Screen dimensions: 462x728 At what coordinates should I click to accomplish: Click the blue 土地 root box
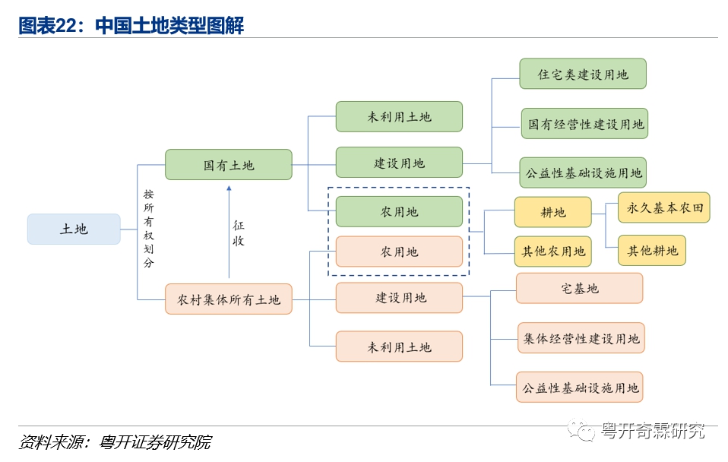coord(74,229)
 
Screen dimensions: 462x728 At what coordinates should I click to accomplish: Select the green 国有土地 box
coord(228,165)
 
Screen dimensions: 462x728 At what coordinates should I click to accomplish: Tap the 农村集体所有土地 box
coord(228,299)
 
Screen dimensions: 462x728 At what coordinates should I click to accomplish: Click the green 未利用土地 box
coord(399,116)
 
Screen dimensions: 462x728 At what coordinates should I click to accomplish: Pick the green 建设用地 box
coord(399,163)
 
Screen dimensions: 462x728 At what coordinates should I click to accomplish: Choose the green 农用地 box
coord(399,211)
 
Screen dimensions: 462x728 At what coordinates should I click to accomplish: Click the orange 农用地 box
coord(399,252)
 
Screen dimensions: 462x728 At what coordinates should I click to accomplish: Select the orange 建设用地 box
coord(399,298)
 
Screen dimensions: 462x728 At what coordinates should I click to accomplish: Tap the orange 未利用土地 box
coord(399,346)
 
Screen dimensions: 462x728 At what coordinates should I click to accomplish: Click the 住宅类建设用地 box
coord(583,74)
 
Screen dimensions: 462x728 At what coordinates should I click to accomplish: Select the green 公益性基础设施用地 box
coord(583,172)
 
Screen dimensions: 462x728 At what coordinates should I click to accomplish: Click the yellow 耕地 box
coord(552,213)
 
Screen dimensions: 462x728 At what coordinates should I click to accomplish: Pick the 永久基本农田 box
coord(664,207)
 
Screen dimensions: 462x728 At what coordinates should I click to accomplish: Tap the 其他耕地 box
coord(652,250)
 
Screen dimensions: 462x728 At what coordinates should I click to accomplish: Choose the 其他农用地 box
coord(552,251)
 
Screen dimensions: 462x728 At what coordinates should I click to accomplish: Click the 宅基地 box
coord(579,288)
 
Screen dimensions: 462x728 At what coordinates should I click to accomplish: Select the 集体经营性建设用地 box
coord(581,338)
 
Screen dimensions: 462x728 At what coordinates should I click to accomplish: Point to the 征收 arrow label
coord(239,233)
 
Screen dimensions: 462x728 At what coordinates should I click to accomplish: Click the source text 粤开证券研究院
coord(155,442)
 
